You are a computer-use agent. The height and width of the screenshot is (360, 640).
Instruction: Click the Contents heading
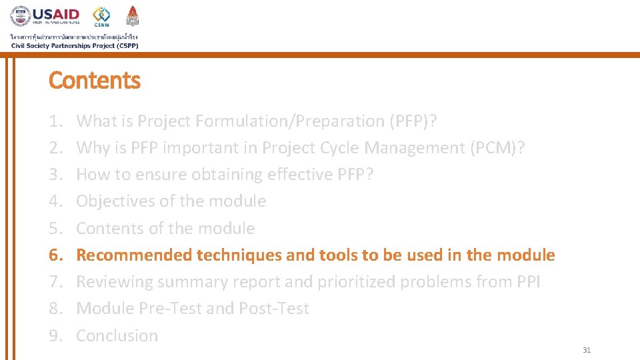point(95,81)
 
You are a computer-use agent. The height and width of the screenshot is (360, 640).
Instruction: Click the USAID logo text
point(56,14)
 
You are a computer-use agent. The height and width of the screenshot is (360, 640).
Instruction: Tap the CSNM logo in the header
point(102,16)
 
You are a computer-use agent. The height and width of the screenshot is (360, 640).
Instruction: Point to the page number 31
point(587,350)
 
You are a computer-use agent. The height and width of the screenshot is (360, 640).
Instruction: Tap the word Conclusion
point(117,336)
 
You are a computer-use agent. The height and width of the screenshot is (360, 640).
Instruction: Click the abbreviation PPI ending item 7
point(528,282)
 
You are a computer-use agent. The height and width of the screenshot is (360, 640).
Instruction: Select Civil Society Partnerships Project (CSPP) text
point(75,45)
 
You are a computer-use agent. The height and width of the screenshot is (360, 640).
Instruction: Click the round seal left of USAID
point(20,16)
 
